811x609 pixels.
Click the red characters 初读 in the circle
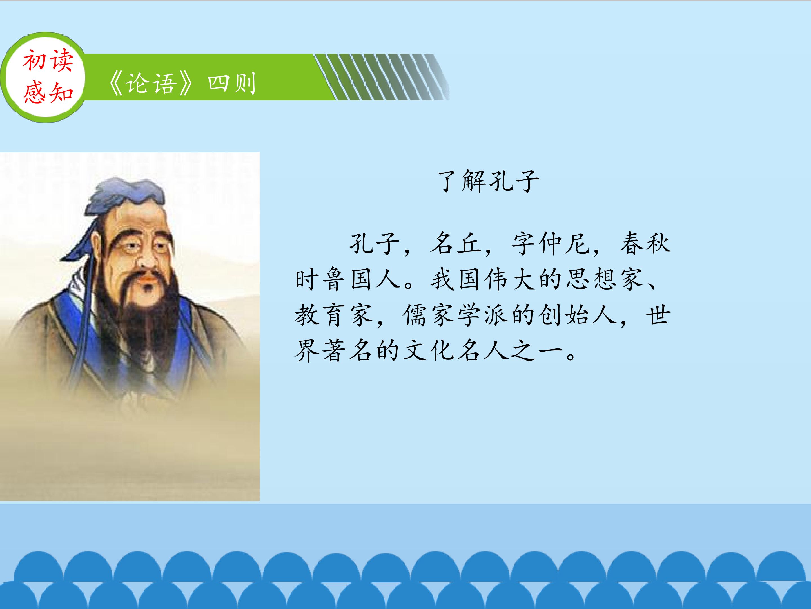click(x=48, y=61)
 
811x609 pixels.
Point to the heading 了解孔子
click(x=488, y=181)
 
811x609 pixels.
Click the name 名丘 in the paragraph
click(x=455, y=244)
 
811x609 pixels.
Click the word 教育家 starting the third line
click(x=334, y=315)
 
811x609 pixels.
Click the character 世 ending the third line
click(x=658, y=315)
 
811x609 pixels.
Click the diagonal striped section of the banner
click(x=381, y=77)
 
